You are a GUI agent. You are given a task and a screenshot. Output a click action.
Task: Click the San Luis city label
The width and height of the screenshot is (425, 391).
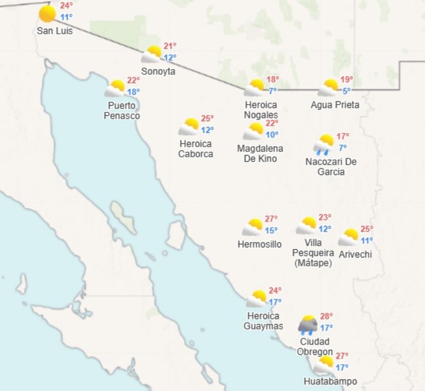coord(54,31)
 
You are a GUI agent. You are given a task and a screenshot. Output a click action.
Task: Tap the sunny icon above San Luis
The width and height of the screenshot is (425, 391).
coord(48,14)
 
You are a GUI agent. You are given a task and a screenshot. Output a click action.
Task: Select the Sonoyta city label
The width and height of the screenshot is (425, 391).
coord(158,71)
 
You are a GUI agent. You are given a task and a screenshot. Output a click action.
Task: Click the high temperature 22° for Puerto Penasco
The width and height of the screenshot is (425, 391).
coord(133,81)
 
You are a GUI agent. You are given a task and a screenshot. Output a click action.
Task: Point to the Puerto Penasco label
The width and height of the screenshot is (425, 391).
coord(123,111)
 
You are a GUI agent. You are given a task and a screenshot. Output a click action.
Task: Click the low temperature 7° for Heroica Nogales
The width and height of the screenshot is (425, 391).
coord(273,91)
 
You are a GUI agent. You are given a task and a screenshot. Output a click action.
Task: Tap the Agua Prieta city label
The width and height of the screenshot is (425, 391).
coord(335,105)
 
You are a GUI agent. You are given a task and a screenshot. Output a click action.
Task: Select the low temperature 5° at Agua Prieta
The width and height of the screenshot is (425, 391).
coord(346,91)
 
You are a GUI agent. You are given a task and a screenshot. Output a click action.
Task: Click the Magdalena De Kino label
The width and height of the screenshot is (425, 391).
coord(260,153)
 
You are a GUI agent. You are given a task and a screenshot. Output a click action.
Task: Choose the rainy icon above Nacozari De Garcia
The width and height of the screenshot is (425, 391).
coord(324,144)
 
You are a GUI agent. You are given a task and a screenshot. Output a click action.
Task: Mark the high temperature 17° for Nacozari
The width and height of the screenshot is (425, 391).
coord(343,136)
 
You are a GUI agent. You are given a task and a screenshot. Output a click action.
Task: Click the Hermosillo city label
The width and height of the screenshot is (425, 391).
coord(259,244)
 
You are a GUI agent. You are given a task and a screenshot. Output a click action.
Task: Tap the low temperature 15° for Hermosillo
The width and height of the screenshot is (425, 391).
coord(271,231)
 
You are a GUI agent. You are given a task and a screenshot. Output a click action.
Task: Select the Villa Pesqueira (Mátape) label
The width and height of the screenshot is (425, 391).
coord(313,253)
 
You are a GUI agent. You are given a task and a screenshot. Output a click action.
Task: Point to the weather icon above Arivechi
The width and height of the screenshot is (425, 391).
coord(349,237)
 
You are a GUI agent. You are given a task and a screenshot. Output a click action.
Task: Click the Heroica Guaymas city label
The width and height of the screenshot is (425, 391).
coord(263,321)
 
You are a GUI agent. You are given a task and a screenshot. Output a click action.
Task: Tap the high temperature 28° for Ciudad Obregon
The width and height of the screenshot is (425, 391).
coord(326,316)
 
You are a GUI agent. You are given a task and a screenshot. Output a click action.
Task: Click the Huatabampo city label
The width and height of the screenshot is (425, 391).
coord(330,381)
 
